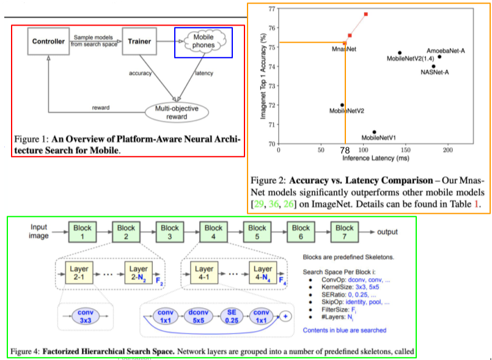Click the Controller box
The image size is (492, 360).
click(x=48, y=42)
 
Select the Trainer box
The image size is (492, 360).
click(x=140, y=42)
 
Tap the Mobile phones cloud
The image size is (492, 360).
click(x=203, y=42)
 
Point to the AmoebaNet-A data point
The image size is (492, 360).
click(x=439, y=57)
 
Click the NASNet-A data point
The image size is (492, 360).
click(x=433, y=66)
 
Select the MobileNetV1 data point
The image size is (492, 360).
click(x=374, y=131)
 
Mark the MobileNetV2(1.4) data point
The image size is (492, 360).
click(x=400, y=53)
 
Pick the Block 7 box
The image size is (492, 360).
click(x=345, y=232)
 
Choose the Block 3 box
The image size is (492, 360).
click(x=170, y=232)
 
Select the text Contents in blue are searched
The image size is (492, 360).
click(x=344, y=330)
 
